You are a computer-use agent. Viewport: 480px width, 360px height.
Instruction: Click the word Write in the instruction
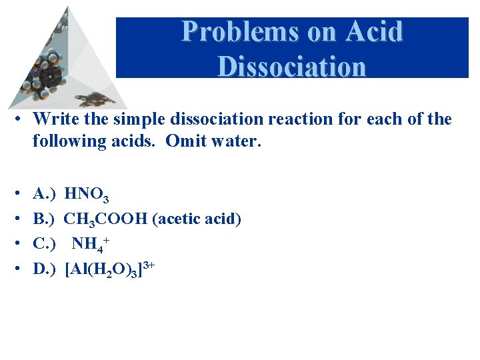point(54,120)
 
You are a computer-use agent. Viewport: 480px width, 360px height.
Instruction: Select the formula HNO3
point(87,195)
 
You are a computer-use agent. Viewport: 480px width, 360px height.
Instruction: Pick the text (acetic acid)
point(197,219)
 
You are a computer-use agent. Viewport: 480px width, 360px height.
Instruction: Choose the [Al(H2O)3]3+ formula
point(110,268)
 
